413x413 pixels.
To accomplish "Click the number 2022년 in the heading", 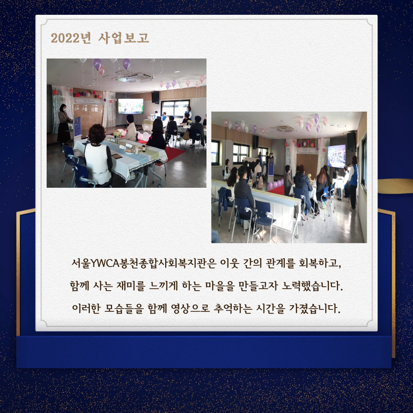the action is [x=71, y=38].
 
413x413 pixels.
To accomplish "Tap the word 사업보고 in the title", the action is [x=124, y=38].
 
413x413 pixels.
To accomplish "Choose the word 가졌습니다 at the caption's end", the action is [x=315, y=308].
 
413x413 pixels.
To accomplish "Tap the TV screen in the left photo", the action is [x=131, y=106].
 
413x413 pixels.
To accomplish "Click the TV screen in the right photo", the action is [x=337, y=156].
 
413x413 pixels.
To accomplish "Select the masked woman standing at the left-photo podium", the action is [x=63, y=124].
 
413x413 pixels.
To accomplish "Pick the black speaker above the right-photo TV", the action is [x=351, y=141].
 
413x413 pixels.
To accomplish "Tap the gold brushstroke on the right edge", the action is [x=395, y=186].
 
